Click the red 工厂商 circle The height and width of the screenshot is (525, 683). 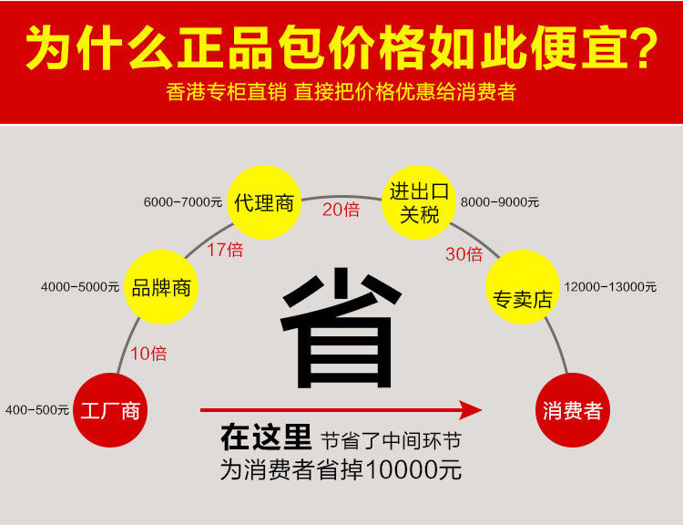(x=110, y=410)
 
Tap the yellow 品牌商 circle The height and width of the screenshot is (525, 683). (x=161, y=288)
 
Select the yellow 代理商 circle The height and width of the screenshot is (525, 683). (x=264, y=202)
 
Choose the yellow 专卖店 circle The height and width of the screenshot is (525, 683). (x=522, y=288)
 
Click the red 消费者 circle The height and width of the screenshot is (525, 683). (x=572, y=410)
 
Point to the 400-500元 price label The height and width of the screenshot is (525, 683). (x=37, y=410)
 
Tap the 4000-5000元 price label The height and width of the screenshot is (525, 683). (x=80, y=287)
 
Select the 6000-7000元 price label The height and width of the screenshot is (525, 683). (x=182, y=201)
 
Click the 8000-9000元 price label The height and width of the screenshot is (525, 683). (x=500, y=201)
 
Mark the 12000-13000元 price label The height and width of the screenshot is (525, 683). (x=611, y=286)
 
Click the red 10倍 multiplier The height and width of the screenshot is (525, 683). (x=148, y=353)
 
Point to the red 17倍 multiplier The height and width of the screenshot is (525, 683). (x=224, y=248)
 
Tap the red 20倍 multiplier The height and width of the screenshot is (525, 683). (x=341, y=210)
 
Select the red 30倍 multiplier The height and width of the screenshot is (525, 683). (x=464, y=254)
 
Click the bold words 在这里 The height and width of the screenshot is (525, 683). (x=266, y=439)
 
